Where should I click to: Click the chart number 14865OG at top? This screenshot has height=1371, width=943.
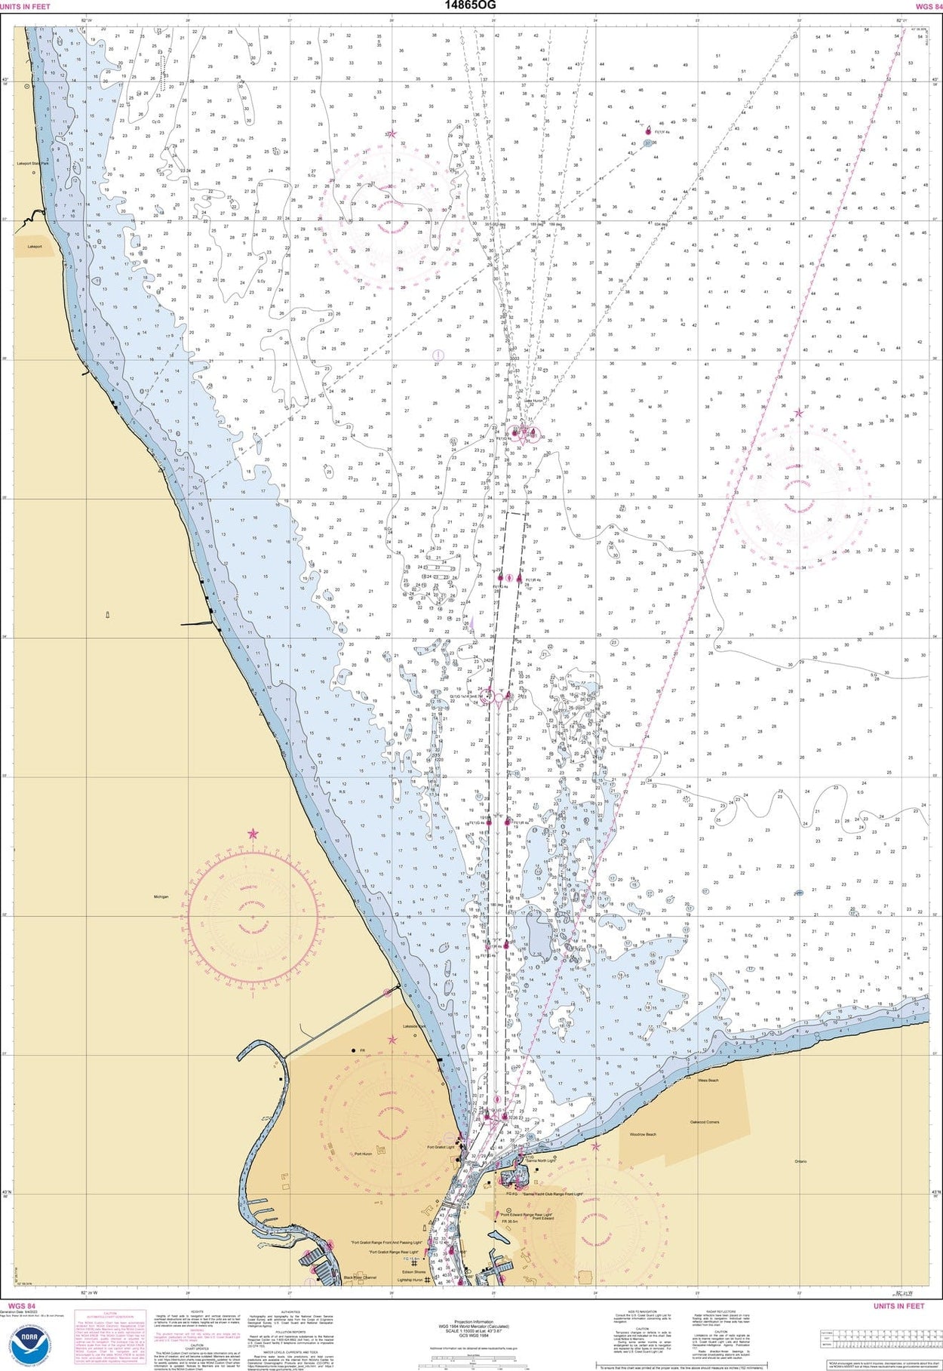(x=470, y=5)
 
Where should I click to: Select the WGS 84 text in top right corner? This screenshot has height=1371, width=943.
(x=927, y=6)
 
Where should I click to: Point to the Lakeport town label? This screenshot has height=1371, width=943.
(x=35, y=246)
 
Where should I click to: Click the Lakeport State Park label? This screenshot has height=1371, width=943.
(x=33, y=163)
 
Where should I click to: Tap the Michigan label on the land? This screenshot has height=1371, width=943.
(x=161, y=897)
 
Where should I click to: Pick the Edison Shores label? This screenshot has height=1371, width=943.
(x=413, y=1271)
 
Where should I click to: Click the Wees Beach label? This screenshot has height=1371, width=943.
(x=708, y=1081)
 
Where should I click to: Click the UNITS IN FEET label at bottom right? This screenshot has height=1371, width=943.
(x=898, y=1306)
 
